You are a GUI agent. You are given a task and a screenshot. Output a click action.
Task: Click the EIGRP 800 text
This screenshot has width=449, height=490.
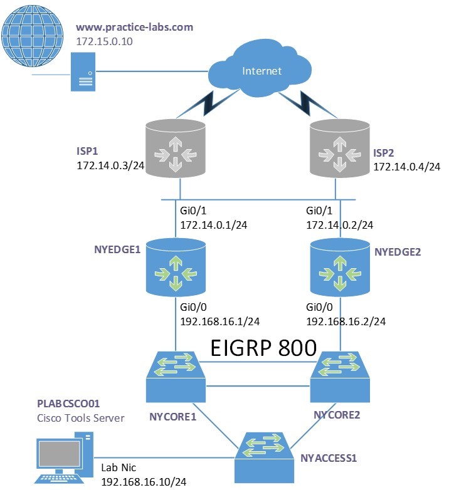pyautogui.click(x=263, y=347)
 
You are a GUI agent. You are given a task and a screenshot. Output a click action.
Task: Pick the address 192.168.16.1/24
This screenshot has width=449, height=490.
pyautogui.click(x=219, y=321)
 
